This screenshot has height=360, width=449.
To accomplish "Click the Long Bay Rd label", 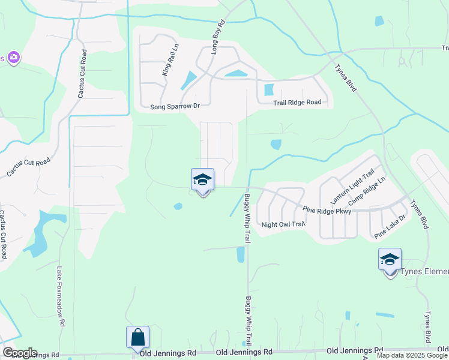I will tap(218, 37).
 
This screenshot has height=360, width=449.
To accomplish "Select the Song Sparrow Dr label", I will tap(175, 106).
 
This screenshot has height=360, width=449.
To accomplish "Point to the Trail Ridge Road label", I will tap(297, 103).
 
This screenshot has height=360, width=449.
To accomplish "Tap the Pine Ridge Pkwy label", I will tap(327, 209).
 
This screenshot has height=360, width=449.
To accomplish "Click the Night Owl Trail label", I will tap(283, 224).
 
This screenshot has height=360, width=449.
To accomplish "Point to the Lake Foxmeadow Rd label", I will tap(61, 296).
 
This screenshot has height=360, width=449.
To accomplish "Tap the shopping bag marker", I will tap(137, 337).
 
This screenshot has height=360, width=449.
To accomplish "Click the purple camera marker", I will tap(13, 58).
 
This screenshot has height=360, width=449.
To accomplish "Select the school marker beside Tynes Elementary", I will tap(390, 260).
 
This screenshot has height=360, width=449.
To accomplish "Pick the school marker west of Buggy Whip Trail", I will tap(202, 179).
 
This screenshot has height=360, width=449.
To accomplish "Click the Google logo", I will tap(20, 353).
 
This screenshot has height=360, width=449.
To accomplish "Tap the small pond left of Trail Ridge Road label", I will tap(268, 90).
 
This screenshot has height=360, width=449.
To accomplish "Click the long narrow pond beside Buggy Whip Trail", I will tap(241, 255).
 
